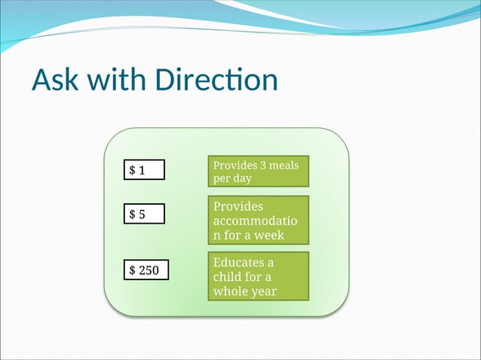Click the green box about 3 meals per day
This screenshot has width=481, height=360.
258,172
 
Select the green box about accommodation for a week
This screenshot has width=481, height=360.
258,220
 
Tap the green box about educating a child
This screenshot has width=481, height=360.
258,276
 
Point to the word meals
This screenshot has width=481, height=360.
283,165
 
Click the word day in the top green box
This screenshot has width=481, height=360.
242,179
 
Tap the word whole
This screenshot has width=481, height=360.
231,291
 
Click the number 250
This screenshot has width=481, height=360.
149,269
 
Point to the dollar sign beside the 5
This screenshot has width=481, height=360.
132,215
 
